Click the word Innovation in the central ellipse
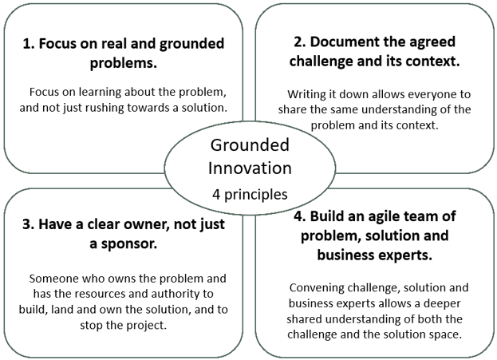pyautogui.click(x=250, y=168)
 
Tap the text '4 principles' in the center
pyautogui.click(x=250, y=195)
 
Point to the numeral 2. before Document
pyautogui.click(x=300, y=42)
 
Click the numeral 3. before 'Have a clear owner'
pyautogui.click(x=29, y=224)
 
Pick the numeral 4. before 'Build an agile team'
pyautogui.click(x=300, y=216)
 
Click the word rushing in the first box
pyautogui.click(x=104, y=108)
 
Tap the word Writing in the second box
pyautogui.click(x=306, y=94)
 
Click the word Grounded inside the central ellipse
pyautogui.click(x=250, y=145)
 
